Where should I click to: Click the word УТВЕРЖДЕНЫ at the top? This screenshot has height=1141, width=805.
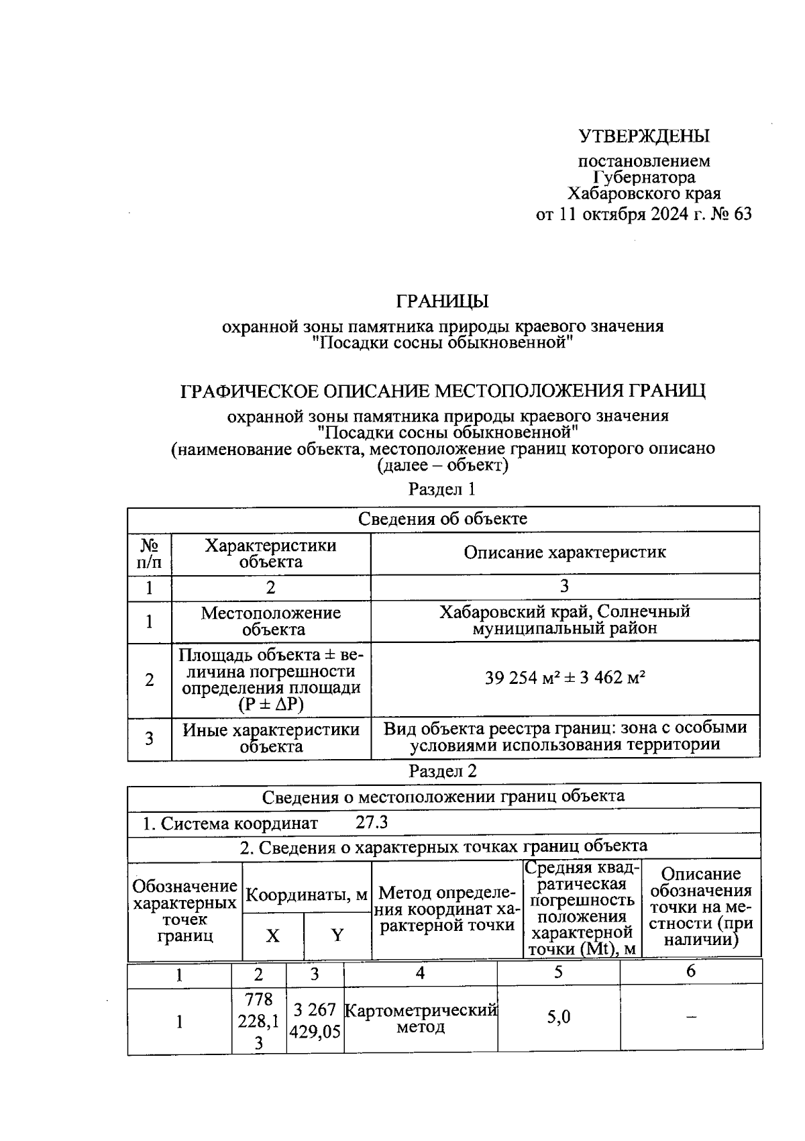(643, 136)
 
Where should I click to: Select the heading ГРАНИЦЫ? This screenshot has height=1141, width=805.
(442, 301)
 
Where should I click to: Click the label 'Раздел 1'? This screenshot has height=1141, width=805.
(442, 489)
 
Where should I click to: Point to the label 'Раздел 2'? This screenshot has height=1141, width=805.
(442, 771)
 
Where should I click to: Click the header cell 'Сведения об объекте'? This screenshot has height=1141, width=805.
(442, 519)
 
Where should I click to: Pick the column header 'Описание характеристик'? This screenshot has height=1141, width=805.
(565, 552)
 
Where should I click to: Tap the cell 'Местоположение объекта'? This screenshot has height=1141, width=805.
(271, 621)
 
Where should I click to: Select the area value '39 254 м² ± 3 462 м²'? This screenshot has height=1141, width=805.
(565, 678)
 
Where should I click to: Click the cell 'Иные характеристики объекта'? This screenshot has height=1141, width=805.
(271, 738)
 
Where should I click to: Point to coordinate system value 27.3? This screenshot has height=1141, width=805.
(371, 823)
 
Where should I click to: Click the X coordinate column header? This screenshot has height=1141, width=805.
(272, 935)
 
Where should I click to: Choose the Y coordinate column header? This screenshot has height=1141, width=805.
(337, 935)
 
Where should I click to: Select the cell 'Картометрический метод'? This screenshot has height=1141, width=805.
(421, 1019)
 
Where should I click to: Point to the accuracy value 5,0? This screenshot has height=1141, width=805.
(558, 1018)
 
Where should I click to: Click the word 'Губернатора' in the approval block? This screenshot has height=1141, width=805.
(644, 177)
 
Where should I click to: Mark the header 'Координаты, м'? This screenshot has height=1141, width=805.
(307, 895)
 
